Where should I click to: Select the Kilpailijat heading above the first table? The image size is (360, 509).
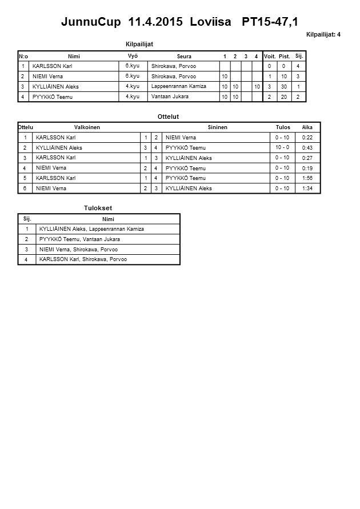tap(139, 44)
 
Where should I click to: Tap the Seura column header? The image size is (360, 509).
tap(184, 56)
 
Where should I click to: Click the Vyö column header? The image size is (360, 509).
tap(132, 56)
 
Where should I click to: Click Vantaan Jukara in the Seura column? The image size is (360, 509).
tap(170, 97)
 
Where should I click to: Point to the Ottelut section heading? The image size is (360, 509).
tap(167, 117)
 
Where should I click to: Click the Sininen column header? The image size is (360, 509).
tap(217, 127)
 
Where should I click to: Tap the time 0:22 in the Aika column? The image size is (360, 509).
tap(307, 138)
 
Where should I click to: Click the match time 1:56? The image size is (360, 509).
tap(307, 178)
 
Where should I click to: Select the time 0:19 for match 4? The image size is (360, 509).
tap(307, 168)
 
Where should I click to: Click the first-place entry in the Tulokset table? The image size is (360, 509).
tap(91, 229)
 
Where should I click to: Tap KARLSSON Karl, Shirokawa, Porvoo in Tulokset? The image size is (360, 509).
tap(83, 259)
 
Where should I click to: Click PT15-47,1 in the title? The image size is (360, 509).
tap(270, 22)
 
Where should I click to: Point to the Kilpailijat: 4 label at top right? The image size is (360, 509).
tap(323, 35)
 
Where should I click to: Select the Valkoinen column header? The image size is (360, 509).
tap(87, 127)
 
